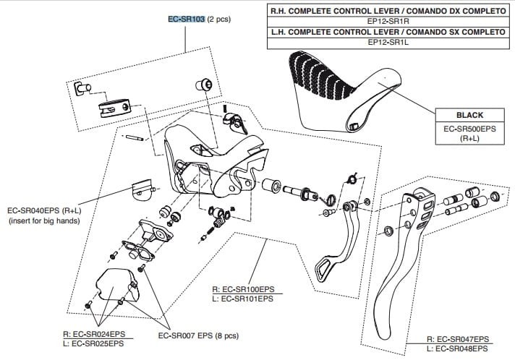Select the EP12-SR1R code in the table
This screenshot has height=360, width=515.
pyautogui.click(x=388, y=22)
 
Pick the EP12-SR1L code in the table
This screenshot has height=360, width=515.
pyautogui.click(x=388, y=43)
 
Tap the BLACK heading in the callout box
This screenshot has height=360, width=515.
pyautogui.click(x=469, y=115)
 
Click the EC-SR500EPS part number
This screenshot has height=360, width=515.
pyautogui.click(x=469, y=128)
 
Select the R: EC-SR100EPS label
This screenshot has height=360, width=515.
pyautogui.click(x=244, y=288)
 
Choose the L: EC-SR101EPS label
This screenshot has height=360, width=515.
pyautogui.click(x=244, y=298)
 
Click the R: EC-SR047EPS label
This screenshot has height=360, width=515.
pyautogui.click(x=458, y=339)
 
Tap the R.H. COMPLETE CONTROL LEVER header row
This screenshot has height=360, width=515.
pyautogui.click(x=388, y=12)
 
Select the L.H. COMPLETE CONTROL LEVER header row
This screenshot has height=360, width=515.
pyautogui.click(x=388, y=33)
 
